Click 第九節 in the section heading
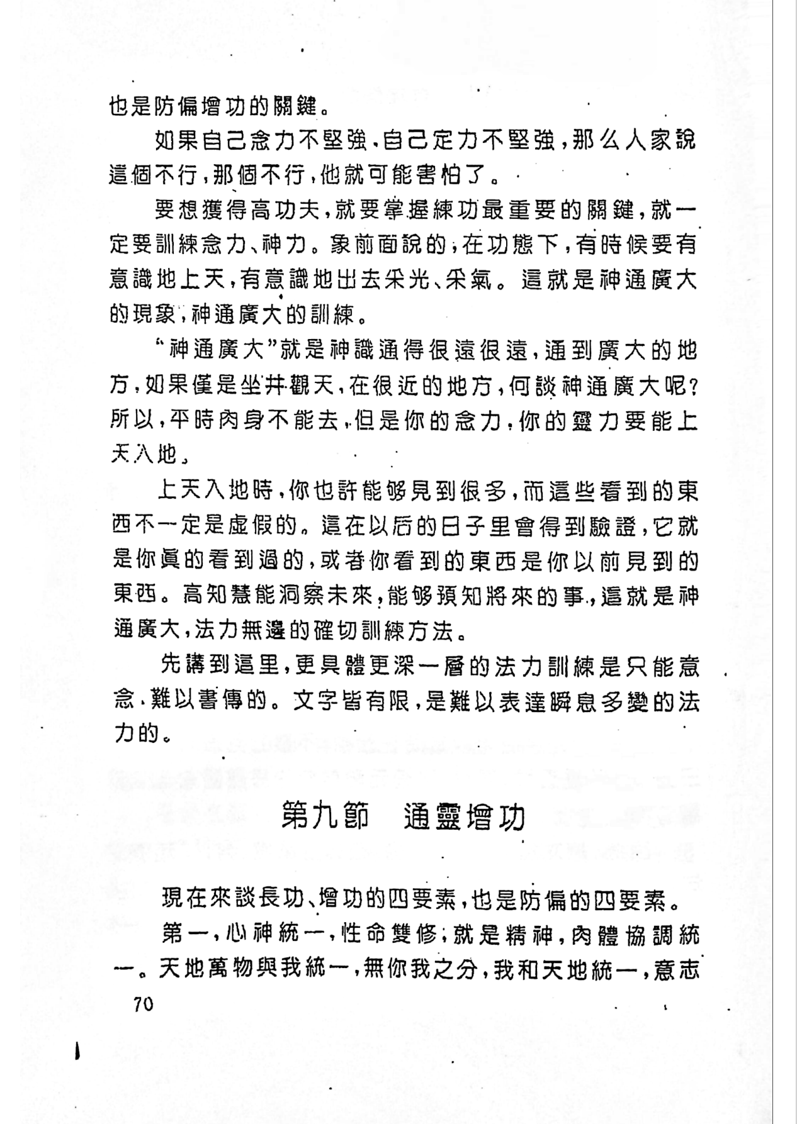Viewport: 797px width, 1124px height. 325,818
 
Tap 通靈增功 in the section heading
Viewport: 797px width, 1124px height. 465,818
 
